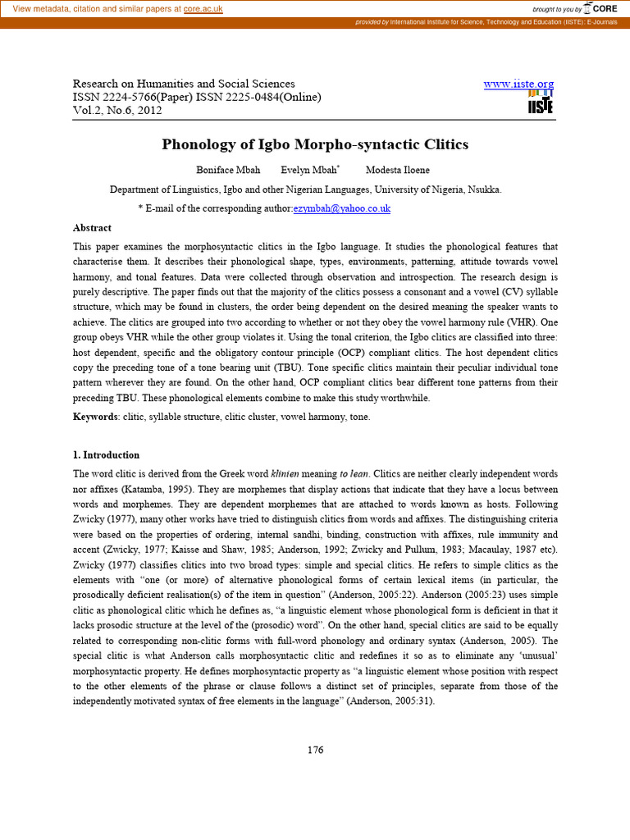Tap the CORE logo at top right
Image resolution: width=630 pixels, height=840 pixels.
click(x=600, y=8)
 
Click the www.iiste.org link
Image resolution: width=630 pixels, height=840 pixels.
click(x=518, y=84)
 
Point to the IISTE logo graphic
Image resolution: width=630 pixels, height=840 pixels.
click(x=540, y=103)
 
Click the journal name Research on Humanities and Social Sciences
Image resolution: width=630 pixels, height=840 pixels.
click(x=184, y=84)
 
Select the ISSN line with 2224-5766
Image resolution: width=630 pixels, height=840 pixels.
click(x=197, y=97)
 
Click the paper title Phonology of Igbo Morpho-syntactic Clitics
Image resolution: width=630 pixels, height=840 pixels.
click(x=315, y=144)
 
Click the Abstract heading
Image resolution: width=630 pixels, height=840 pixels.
click(x=92, y=227)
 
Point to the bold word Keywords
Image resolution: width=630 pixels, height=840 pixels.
click(x=95, y=417)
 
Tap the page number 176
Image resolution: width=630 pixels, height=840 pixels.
click(x=315, y=750)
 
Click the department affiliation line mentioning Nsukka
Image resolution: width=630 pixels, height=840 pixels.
click(x=305, y=189)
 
